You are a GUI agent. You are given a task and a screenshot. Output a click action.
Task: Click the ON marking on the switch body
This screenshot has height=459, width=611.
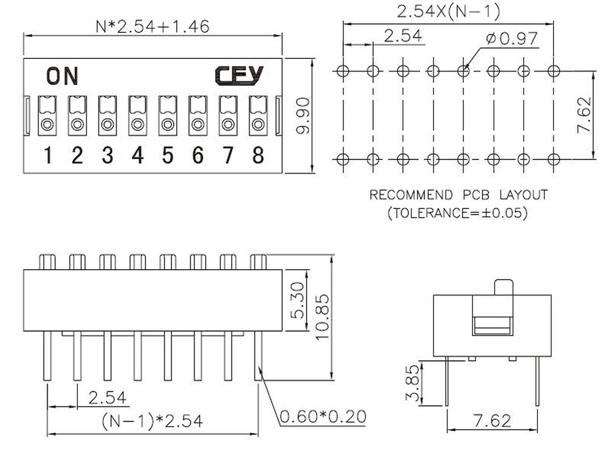click(62, 76)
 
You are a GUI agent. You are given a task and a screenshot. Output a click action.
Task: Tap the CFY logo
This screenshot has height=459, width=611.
click(239, 75)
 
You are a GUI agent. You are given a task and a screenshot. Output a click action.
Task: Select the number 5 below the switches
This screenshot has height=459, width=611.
click(168, 155)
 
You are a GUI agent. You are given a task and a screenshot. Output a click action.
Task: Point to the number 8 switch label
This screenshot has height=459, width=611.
click(258, 155)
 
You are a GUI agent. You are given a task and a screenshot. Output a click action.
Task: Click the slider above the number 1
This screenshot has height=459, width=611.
click(47, 116)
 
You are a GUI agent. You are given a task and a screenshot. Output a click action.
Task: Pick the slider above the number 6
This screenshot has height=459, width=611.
click(198, 116)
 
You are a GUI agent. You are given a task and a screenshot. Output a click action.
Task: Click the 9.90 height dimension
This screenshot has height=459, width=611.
click(302, 116)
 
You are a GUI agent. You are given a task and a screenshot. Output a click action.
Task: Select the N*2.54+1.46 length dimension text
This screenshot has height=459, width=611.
click(152, 27)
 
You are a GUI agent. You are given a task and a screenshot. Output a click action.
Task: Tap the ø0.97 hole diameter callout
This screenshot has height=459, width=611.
click(512, 39)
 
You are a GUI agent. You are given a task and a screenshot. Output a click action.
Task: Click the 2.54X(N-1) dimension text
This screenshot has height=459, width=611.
click(448, 12)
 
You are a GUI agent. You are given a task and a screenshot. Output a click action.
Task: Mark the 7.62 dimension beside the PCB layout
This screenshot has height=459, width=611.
click(584, 115)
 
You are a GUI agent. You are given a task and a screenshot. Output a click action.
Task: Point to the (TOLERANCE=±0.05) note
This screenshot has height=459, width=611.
click(457, 213)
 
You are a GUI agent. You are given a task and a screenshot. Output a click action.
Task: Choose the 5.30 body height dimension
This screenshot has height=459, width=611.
click(297, 300)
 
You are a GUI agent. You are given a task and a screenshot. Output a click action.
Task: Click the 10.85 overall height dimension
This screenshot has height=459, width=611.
click(322, 317)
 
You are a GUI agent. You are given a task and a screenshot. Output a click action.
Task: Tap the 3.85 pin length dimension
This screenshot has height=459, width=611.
click(412, 383)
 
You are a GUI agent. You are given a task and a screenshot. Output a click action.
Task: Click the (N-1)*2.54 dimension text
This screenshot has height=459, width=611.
click(152, 421)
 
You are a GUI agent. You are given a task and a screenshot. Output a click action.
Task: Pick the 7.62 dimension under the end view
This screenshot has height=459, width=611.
click(492, 421)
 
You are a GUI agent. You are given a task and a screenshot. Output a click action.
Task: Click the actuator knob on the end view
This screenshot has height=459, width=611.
click(504, 287)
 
